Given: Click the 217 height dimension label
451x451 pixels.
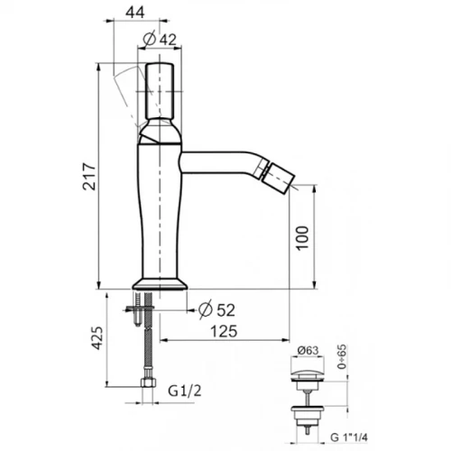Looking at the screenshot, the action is coord(89,176).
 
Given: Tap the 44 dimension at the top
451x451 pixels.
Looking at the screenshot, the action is coord(135,13).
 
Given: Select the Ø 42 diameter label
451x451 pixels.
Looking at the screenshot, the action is coord(160,39).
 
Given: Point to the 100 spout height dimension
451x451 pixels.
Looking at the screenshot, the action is coord(302,238).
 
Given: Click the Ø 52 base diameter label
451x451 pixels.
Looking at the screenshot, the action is coord(216,309).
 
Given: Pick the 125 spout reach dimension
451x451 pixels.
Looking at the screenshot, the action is coord(224,331).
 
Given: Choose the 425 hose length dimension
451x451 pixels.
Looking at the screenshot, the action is coord(97,337).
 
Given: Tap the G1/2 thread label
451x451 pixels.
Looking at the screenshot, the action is coord(185,391).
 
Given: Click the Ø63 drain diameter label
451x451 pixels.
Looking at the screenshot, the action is coord(308,350).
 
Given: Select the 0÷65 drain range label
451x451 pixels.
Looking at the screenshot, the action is coord(342,356).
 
